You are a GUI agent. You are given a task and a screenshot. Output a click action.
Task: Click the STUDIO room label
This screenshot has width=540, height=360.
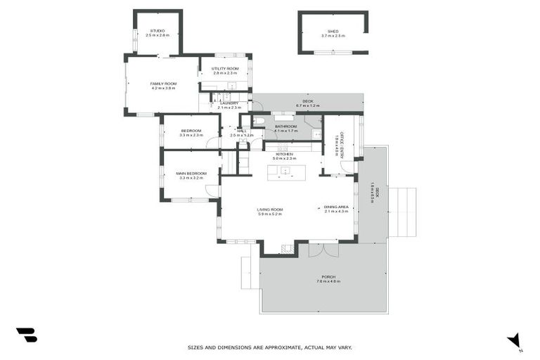click(157, 31)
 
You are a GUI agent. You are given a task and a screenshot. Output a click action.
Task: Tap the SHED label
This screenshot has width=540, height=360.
click(333, 32)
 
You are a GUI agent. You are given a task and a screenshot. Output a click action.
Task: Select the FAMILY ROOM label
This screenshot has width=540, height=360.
click(162, 84)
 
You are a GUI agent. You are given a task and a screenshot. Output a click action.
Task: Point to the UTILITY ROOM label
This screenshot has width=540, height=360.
click(225, 69)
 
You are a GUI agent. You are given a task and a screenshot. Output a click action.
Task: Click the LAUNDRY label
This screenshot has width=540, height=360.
click(229, 103)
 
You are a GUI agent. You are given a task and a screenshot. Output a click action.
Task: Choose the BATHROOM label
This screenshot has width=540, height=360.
click(285, 127)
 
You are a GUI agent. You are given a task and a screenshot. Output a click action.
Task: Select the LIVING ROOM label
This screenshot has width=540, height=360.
click(269, 210)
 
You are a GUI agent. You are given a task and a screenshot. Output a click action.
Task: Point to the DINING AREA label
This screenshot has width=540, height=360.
click(337, 207)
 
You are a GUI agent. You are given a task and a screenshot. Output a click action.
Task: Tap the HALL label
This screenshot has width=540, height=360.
click(242, 131)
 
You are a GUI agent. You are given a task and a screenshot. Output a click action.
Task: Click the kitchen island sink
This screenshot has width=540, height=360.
click(285, 170)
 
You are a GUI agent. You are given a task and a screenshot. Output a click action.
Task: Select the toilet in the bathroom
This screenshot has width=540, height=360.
click(259, 122)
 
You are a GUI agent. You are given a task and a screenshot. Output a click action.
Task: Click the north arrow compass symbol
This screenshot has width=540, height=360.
click(514, 340)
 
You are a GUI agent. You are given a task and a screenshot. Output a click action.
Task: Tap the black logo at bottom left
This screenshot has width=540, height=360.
click(26, 335)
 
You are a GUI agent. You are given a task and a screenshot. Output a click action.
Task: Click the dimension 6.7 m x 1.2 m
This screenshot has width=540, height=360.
click(307, 105)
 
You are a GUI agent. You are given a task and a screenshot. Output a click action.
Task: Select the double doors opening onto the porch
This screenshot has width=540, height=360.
click(323, 249)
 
